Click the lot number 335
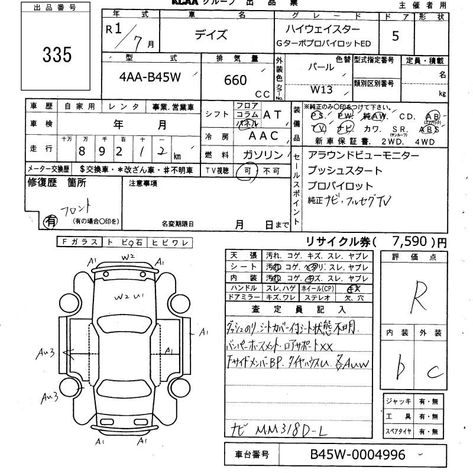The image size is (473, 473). (57, 55)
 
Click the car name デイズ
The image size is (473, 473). (211, 35)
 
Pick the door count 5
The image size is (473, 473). (395, 36)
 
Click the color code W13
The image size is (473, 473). (322, 90)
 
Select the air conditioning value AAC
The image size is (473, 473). (263, 135)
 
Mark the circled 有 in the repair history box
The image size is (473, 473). (51, 221)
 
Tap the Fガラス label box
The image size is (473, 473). (79, 242)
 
